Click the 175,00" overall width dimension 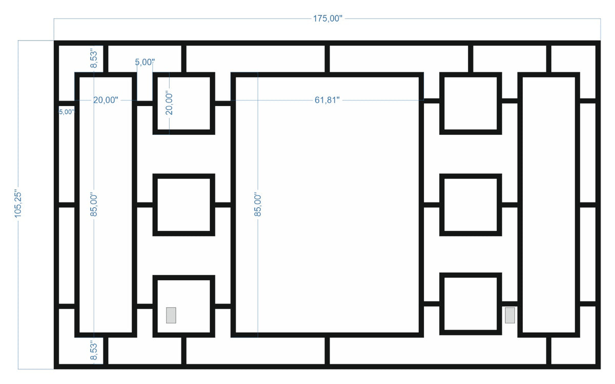(327, 19)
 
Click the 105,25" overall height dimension (19, 205)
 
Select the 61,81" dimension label (327, 100)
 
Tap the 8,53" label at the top (93, 59)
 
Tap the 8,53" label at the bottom (93, 350)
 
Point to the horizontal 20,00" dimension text (106, 100)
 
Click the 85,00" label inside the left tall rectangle (93, 205)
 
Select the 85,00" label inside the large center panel (258, 205)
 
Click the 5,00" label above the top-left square (145, 62)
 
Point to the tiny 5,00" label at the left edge (67, 111)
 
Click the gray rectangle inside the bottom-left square (171, 315)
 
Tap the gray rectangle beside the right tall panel (510, 315)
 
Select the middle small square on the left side (183, 205)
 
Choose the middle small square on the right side (470, 205)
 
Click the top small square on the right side (470, 104)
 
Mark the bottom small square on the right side (470, 304)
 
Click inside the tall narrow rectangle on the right (548, 205)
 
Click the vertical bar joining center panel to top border (327, 59)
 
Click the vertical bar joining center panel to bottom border (327, 350)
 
